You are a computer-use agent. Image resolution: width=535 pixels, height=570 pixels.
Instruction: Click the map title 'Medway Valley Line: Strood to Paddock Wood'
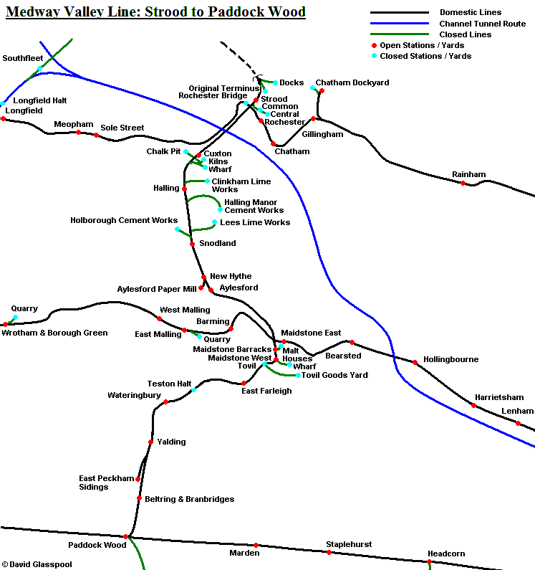click(x=155, y=12)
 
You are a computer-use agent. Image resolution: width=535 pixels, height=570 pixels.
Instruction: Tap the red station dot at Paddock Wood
click(x=125, y=536)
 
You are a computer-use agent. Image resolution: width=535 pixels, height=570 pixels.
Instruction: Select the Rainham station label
click(x=468, y=174)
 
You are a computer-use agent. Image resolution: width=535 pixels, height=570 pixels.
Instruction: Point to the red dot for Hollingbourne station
click(x=415, y=363)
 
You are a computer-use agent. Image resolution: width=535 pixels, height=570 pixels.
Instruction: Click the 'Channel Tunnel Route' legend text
click(x=482, y=24)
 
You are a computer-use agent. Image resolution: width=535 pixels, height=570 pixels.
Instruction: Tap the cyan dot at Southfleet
click(x=40, y=69)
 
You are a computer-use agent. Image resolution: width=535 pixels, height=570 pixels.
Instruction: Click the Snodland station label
click(x=217, y=243)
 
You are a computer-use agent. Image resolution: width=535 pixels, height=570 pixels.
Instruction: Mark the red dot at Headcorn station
click(x=430, y=561)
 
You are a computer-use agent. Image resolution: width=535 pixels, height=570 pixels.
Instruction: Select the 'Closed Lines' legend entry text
click(x=466, y=34)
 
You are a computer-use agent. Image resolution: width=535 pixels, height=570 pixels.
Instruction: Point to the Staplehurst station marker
click(x=329, y=552)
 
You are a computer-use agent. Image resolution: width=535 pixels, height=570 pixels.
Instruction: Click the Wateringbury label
click(x=134, y=395)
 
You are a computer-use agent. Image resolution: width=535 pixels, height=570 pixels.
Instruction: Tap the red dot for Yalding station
click(x=150, y=442)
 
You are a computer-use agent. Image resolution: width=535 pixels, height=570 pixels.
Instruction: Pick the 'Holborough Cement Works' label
click(x=124, y=220)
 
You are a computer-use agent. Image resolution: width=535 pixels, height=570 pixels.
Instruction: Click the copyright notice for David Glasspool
click(x=37, y=564)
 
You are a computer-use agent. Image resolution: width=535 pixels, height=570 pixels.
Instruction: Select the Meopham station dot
click(x=78, y=132)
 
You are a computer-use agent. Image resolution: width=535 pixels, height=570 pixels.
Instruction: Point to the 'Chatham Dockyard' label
click(x=352, y=82)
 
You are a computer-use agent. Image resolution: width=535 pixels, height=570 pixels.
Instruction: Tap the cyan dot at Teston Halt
click(x=194, y=390)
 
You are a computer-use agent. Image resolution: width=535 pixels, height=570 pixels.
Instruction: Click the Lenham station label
click(x=517, y=411)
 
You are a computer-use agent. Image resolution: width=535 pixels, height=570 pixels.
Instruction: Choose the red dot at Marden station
click(x=256, y=545)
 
